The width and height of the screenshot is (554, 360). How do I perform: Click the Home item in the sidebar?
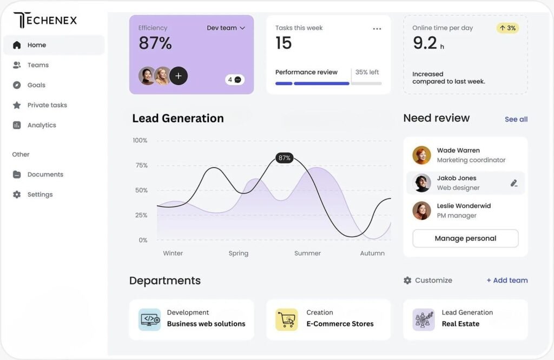37,45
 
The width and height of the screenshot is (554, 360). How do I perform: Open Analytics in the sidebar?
42,125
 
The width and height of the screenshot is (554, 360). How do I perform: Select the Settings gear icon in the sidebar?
17,194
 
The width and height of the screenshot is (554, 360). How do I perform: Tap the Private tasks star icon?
17,105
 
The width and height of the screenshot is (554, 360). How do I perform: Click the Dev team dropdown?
226,28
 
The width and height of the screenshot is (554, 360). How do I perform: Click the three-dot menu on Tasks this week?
377,29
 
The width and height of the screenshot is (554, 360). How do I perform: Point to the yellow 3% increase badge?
507,28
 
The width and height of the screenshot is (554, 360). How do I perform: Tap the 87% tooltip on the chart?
284,158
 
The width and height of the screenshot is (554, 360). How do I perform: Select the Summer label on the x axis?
307,253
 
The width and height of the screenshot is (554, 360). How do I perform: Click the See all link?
516,119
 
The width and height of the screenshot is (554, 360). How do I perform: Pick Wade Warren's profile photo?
421,155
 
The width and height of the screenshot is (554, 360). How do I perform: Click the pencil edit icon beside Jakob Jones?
514,183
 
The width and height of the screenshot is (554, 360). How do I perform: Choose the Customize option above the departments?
427,280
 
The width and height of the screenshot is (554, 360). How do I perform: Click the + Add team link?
507,280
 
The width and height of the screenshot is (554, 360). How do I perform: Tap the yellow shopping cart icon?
286,319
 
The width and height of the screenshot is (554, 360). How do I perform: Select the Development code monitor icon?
149,319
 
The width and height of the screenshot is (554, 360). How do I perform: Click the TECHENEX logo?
45,21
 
